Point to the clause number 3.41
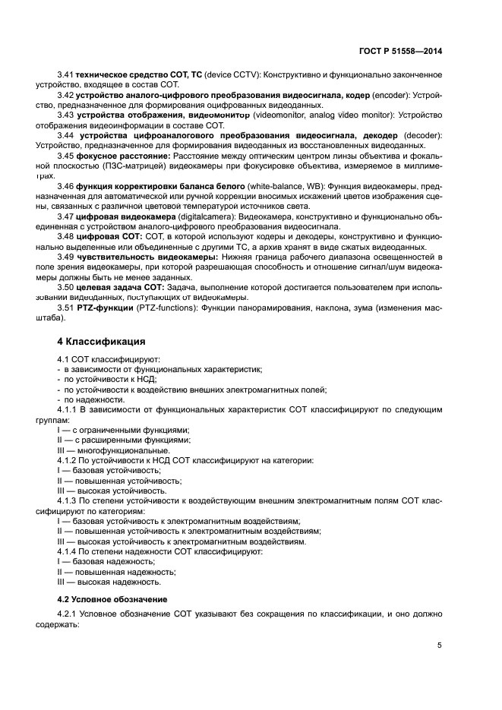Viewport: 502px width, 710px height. pos(66,74)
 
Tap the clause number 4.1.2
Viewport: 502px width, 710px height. pos(69,460)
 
